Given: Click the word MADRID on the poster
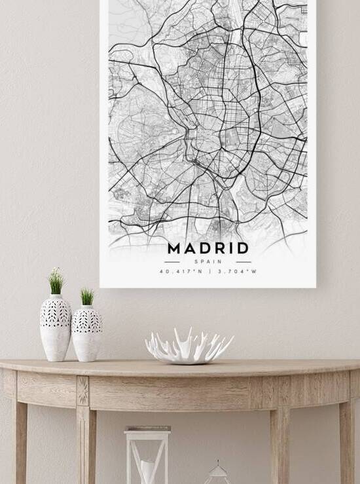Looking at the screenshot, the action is pyautogui.click(x=208, y=248).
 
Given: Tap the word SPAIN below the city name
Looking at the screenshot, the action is pyautogui.click(x=208, y=261).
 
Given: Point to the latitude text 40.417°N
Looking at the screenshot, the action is pyautogui.click(x=180, y=271).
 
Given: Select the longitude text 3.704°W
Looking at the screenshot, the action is pyautogui.click(x=236, y=271).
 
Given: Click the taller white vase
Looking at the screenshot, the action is pyautogui.click(x=56, y=327).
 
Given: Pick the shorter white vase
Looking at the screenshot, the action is pyautogui.click(x=87, y=333).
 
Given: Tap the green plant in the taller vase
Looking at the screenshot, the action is pyautogui.click(x=56, y=282).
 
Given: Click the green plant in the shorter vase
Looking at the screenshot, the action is pyautogui.click(x=87, y=297).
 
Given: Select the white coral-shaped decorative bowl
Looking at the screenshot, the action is pyautogui.click(x=189, y=346).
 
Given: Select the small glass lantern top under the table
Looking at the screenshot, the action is pyautogui.click(x=217, y=473).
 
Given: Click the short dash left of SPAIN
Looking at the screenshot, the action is pyautogui.click(x=172, y=261).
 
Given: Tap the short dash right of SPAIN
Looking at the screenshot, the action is pyautogui.click(x=243, y=261).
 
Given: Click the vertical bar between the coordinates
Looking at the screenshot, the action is pyautogui.click(x=209, y=271).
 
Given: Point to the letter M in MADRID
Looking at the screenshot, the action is pyautogui.click(x=175, y=248).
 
